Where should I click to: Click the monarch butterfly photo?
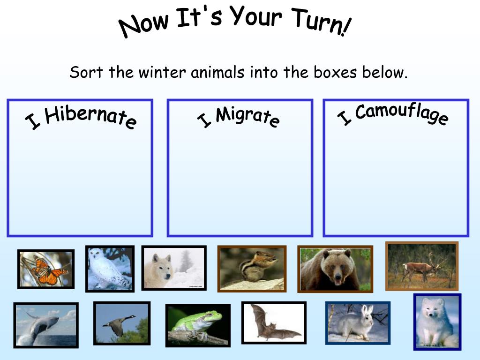tap(46, 269)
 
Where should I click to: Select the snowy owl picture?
tap(110, 269)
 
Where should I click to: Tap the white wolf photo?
tap(174, 268)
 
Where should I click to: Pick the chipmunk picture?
tap(251, 269)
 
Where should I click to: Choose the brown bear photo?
tap(335, 269)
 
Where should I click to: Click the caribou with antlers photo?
tap(422, 266)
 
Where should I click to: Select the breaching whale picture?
tap(46, 325)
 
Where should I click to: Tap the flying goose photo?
tap(122, 323)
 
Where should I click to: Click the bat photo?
tap(274, 322)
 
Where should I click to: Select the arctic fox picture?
tap(437, 322)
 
